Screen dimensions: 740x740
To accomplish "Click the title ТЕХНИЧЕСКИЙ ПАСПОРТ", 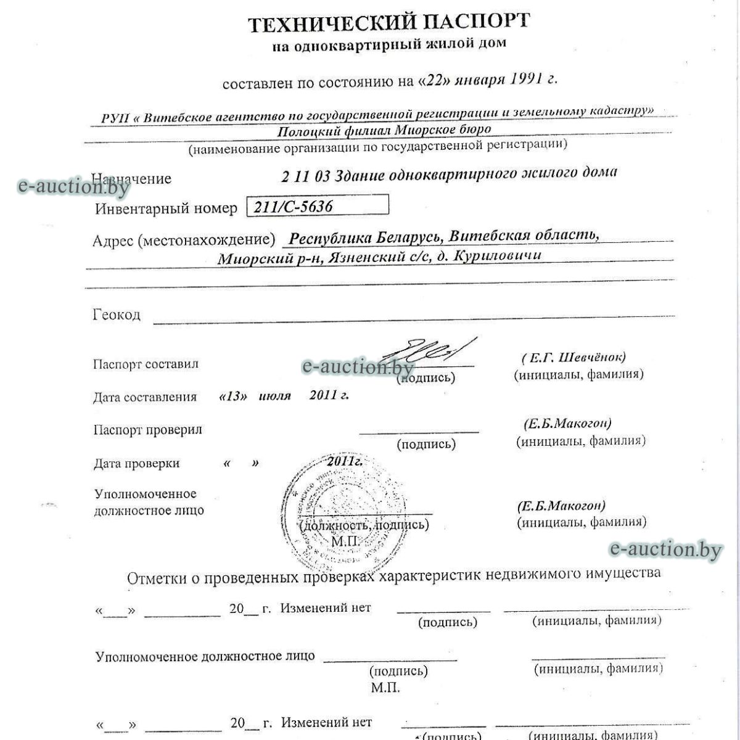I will pos(388,23).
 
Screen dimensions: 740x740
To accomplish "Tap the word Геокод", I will pos(117,314).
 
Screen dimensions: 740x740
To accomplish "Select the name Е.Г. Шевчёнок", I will pos(573,358).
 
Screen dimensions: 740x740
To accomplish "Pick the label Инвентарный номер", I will pos(166,208).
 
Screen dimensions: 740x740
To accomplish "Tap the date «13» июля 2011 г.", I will pos(284,396).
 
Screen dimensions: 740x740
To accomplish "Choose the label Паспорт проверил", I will pos(147,430).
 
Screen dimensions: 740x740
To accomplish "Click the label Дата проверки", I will pos(136,463).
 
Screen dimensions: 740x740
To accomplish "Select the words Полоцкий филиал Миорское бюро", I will pos(384,130).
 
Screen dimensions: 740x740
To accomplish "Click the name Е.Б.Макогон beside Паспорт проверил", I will pos(567,424).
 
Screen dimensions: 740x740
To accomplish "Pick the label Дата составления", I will pos(145,397).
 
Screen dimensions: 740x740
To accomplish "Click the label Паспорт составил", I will pos(146,364).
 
